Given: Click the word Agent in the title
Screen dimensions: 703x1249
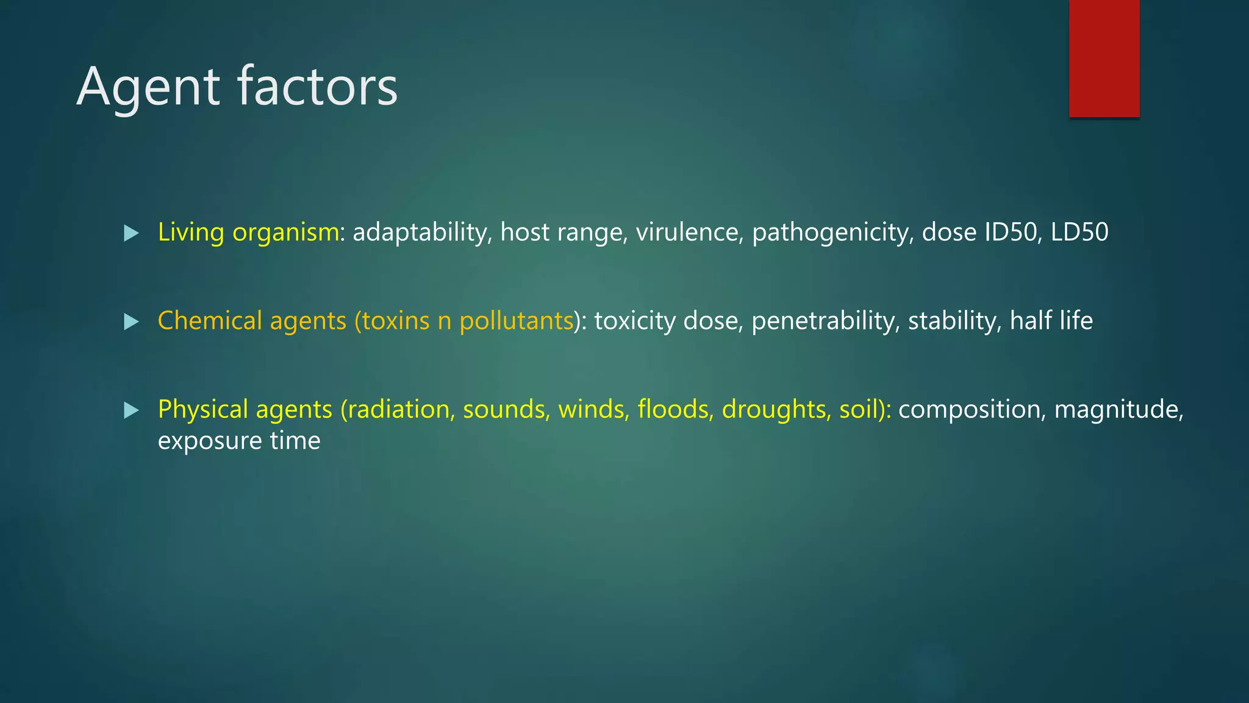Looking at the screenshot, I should click(x=148, y=87).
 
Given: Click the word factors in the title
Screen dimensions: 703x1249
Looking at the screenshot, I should click(x=317, y=87).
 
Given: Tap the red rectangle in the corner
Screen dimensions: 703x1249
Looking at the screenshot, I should click(x=1104, y=58).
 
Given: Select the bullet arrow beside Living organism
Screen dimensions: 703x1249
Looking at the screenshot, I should click(x=131, y=233).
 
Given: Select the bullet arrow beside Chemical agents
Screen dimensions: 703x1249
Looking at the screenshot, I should click(x=131, y=322).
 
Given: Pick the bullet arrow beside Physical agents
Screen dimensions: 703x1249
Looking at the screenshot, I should click(x=131, y=410).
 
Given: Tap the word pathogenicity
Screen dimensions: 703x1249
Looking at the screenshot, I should click(x=833, y=233).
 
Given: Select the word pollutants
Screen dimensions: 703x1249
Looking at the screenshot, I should click(x=517, y=321).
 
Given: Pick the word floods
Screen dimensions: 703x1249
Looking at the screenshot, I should click(x=676, y=409).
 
